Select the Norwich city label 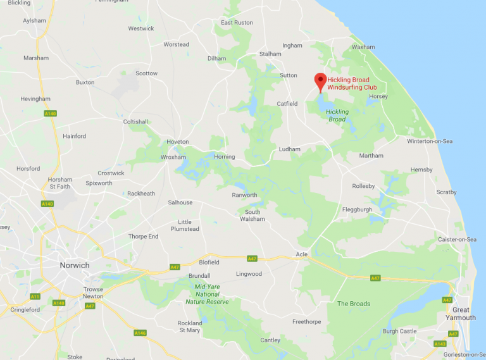74,265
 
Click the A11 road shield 35,296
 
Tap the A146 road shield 139,333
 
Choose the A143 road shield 439,344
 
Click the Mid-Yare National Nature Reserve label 207,294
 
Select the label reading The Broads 353,304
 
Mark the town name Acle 301,254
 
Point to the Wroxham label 173,157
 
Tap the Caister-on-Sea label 457,239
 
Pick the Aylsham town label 34,21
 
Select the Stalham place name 270,54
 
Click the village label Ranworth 244,196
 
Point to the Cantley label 270,340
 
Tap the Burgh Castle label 399,331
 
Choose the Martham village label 371,156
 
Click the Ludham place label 289,149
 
